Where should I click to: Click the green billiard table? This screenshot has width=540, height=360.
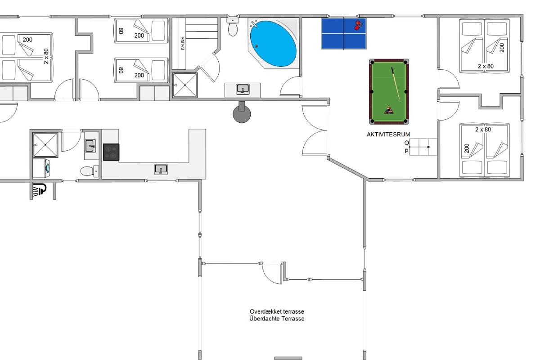coord(389,92)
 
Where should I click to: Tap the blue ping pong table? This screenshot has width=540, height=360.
coord(344,33)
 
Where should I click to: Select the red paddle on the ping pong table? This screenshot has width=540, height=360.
coord(358,25)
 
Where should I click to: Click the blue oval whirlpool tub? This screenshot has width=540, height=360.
coord(273,43)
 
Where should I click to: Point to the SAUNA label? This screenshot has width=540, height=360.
coord(183,43)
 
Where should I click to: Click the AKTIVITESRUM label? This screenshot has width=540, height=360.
coord(388,134)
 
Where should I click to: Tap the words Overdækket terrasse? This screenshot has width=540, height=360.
coord(277,311)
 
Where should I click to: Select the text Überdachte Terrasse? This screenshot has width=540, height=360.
coord(277,319)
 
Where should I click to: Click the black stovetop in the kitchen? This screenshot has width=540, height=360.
coord(111,152)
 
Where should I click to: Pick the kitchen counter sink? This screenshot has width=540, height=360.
coord(161,169)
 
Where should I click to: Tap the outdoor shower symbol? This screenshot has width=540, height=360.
coord(39,190)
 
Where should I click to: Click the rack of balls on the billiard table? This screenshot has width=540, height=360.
coord(389,110)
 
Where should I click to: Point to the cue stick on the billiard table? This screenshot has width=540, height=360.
coord(396,85)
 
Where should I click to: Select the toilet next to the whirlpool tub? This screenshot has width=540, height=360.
coord(233,27)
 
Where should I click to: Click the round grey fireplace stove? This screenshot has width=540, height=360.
coord(242,112)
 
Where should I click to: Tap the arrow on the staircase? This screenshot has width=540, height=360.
coord(420,147)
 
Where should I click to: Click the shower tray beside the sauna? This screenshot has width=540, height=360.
coord(185,85)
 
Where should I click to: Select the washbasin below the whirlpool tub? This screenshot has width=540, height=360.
coord(243,89)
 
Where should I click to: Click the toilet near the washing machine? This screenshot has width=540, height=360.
coord(90,171)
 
